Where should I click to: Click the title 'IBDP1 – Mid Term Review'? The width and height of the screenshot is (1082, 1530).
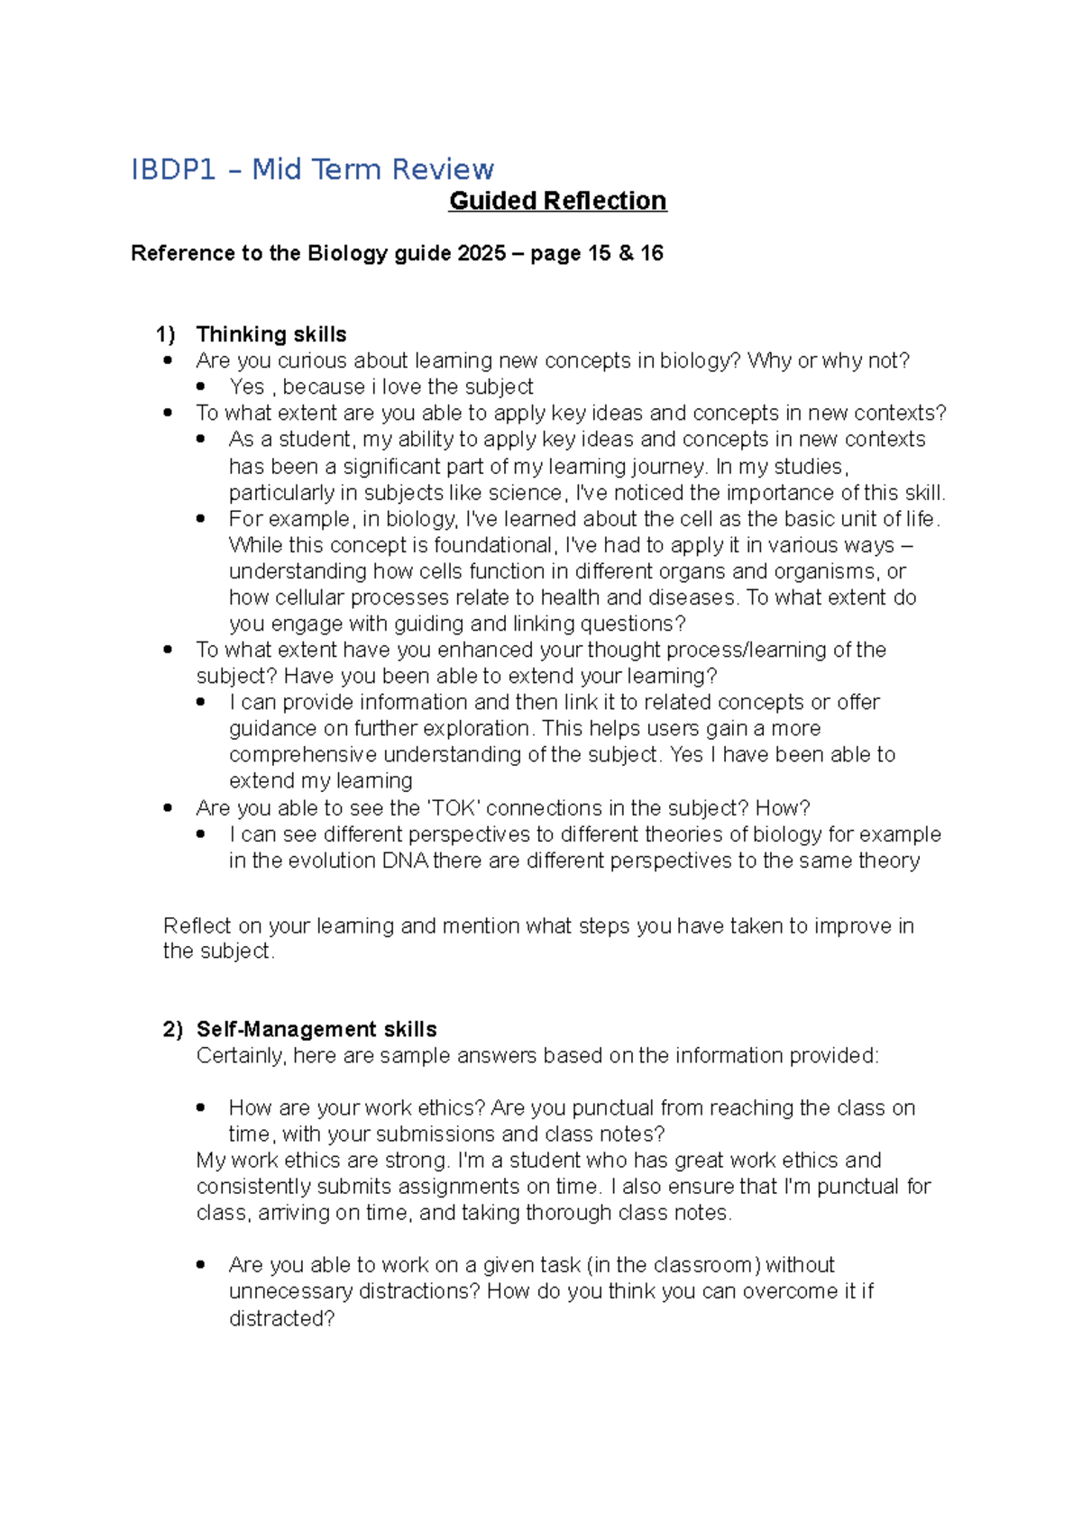pyautogui.click(x=312, y=169)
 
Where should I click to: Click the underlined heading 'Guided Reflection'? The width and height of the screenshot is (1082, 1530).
pyautogui.click(x=557, y=201)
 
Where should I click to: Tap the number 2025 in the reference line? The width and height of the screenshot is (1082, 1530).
pyautogui.click(x=481, y=253)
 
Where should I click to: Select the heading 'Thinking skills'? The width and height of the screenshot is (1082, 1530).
pyautogui.click(x=270, y=334)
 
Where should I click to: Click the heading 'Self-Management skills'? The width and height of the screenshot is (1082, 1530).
pyautogui.click(x=316, y=1029)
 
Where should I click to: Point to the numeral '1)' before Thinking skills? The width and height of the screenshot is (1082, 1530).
pyautogui.click(x=165, y=334)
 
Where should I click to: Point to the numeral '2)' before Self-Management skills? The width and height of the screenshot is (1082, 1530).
pyautogui.click(x=172, y=1029)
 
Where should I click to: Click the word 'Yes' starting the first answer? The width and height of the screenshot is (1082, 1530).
pyautogui.click(x=246, y=387)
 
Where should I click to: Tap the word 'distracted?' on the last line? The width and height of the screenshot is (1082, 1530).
pyautogui.click(x=281, y=1318)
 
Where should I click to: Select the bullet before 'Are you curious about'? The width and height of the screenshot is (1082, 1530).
pyautogui.click(x=168, y=360)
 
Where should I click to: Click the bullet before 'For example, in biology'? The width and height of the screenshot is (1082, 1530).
pyautogui.click(x=200, y=519)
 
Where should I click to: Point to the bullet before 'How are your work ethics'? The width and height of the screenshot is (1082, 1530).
pyautogui.click(x=200, y=1107)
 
